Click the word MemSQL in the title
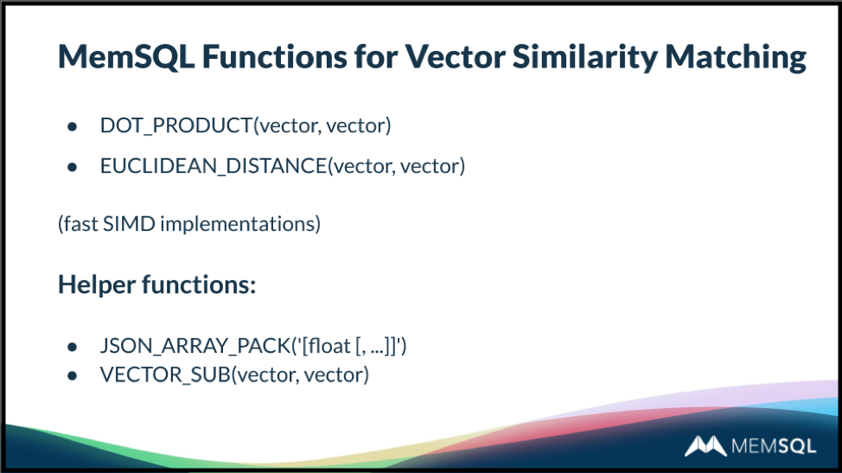click(126, 56)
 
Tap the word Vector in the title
click(455, 56)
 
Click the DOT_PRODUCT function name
click(176, 125)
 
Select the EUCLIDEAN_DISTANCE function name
click(214, 166)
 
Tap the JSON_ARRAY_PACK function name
click(195, 346)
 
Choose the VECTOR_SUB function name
click(165, 374)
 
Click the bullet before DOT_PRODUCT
click(73, 127)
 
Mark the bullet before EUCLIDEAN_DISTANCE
click(73, 168)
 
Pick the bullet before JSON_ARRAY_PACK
click(73, 348)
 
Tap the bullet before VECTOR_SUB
click(73, 376)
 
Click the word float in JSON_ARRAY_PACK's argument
click(329, 346)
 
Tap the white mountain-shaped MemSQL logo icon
click(705, 445)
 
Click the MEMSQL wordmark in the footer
click(774, 446)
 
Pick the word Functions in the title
click(274, 56)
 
